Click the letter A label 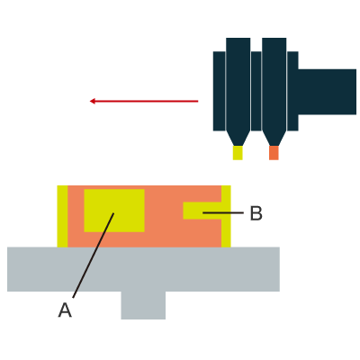pos(65,310)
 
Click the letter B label pos(256,213)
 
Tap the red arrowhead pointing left pos(93,101)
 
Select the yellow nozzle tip pos(238,153)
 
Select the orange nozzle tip pos(274,153)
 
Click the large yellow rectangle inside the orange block pos(114,211)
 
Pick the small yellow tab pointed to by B pos(202,211)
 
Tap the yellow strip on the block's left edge pos(62,216)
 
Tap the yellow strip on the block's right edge pos(226,216)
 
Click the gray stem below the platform pos(143,305)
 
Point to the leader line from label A pos(94,256)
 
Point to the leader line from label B pos(223,212)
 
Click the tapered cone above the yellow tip pos(238,139)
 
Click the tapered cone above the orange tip pos(274,139)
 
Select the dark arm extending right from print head pos(327,92)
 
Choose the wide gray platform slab pos(143,269)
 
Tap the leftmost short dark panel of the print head pos(220,91)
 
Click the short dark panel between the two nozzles pos(256,91)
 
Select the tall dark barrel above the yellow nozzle pos(238,85)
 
